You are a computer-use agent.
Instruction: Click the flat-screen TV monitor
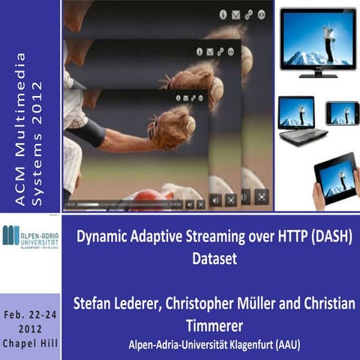coord(317,38)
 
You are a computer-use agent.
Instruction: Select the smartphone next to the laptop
coord(342,113)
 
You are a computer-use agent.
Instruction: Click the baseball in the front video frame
coord(191,127)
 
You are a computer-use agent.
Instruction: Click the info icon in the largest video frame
coord(223,14)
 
